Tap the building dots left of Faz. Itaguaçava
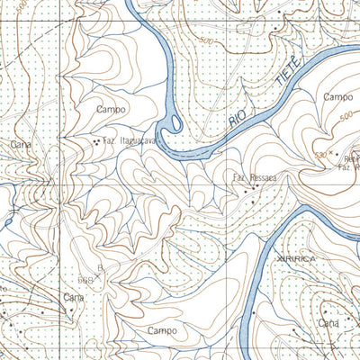tap(96, 141)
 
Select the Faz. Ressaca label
tap(255, 177)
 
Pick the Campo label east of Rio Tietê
tap(338, 96)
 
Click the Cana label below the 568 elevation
tap(73, 296)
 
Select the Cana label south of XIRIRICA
tap(329, 321)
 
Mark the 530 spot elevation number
tap(320, 155)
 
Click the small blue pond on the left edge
tap(4, 219)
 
